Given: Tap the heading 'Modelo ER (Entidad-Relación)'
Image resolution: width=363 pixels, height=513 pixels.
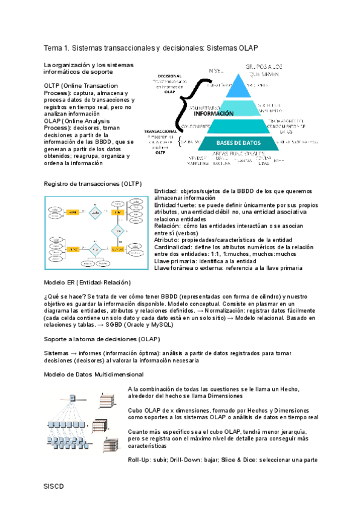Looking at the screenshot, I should coord(87,283).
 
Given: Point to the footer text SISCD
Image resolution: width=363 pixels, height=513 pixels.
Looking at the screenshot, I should coord(53,486).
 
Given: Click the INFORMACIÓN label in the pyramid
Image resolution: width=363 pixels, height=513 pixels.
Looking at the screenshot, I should coord(214,113).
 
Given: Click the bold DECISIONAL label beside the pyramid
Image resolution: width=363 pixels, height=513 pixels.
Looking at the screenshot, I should coord(169,76).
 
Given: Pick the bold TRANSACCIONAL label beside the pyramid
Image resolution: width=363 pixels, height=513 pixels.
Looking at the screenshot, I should coord(160,131).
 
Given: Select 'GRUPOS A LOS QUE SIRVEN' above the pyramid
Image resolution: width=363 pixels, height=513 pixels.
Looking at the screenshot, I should coord(264,68).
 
